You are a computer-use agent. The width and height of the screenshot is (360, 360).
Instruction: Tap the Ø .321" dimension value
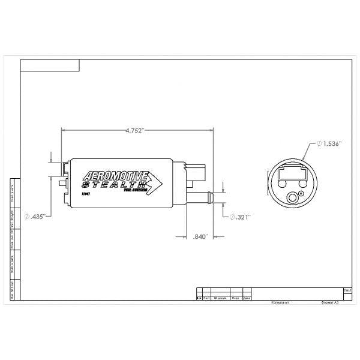pyautogui.click(x=240, y=217)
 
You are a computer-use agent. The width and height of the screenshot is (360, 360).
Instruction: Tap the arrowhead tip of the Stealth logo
pyautogui.click(x=164, y=181)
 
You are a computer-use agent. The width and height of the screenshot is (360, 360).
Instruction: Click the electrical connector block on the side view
pyautogui.click(x=200, y=174)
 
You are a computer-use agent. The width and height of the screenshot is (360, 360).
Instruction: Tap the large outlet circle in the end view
pyautogui.click(x=293, y=196)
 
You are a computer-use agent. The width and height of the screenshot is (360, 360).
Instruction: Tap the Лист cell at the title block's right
pyautogui.click(x=347, y=290)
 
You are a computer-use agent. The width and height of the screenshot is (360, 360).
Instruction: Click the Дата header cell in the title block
pyautogui.click(x=247, y=297)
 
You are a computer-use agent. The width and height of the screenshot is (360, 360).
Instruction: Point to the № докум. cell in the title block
pyautogui.click(x=219, y=297)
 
